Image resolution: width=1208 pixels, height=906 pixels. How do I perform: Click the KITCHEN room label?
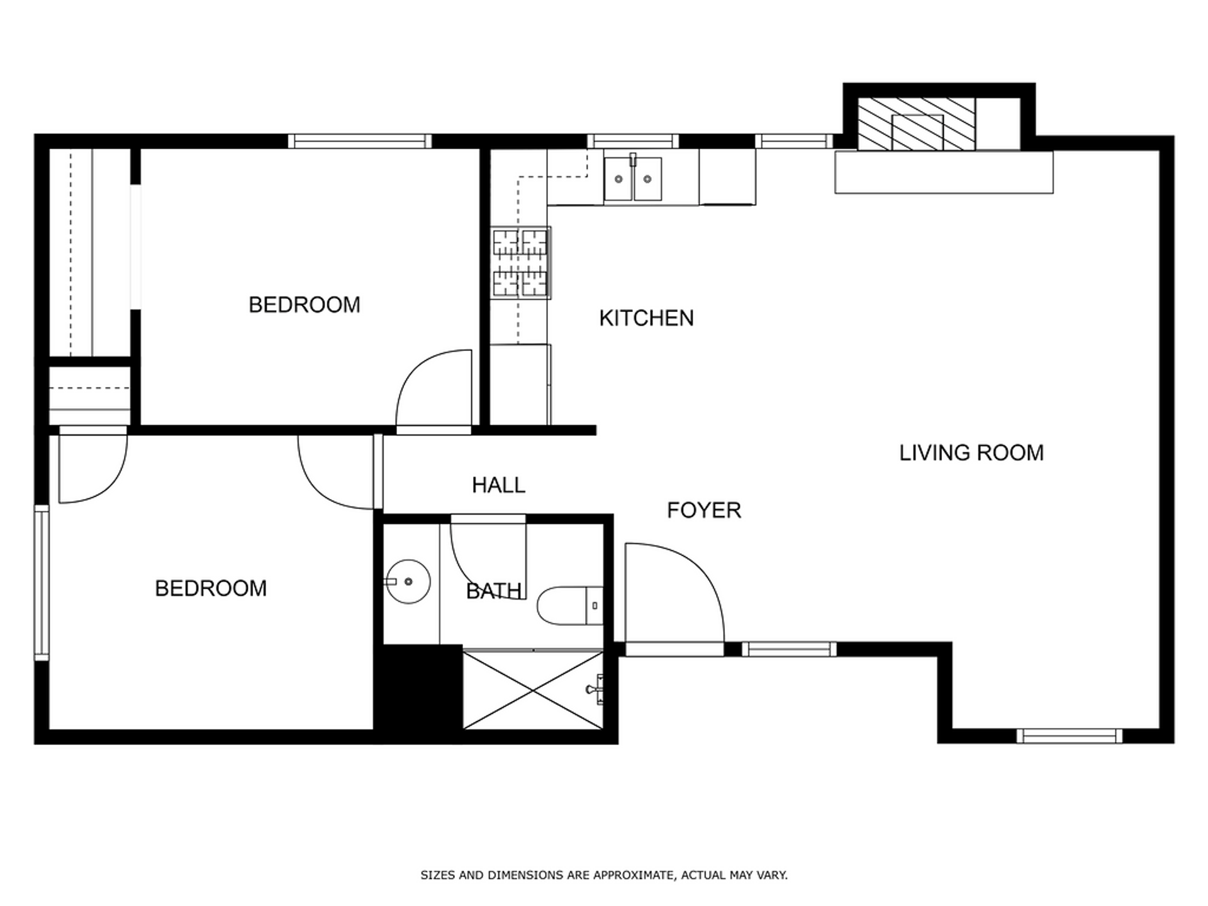[646, 318]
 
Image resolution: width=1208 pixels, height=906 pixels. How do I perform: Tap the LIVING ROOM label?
[971, 453]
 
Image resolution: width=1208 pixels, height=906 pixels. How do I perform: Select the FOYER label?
[704, 510]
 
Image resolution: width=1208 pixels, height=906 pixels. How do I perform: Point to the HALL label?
[498, 485]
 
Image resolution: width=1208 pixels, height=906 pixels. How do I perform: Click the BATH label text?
[494, 591]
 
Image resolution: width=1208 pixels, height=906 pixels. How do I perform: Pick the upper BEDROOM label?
[305, 305]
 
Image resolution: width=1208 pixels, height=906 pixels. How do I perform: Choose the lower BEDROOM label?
[211, 588]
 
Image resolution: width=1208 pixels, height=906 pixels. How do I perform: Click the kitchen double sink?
[633, 179]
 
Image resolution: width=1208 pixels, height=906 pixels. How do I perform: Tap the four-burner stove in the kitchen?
[520, 262]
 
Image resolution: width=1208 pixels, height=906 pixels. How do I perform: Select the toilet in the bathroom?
[570, 606]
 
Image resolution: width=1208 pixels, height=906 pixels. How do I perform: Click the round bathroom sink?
[408, 581]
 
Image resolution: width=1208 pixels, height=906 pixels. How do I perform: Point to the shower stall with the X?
[533, 690]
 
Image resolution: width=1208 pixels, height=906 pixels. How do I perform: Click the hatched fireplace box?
[917, 124]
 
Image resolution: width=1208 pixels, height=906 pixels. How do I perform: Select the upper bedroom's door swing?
[434, 388]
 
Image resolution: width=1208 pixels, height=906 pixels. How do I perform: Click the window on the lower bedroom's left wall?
[42, 583]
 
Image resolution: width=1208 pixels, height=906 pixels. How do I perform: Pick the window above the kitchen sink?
[633, 141]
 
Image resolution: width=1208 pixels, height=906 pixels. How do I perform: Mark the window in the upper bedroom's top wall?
[360, 141]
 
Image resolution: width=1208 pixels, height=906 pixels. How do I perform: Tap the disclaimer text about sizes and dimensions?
[604, 875]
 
